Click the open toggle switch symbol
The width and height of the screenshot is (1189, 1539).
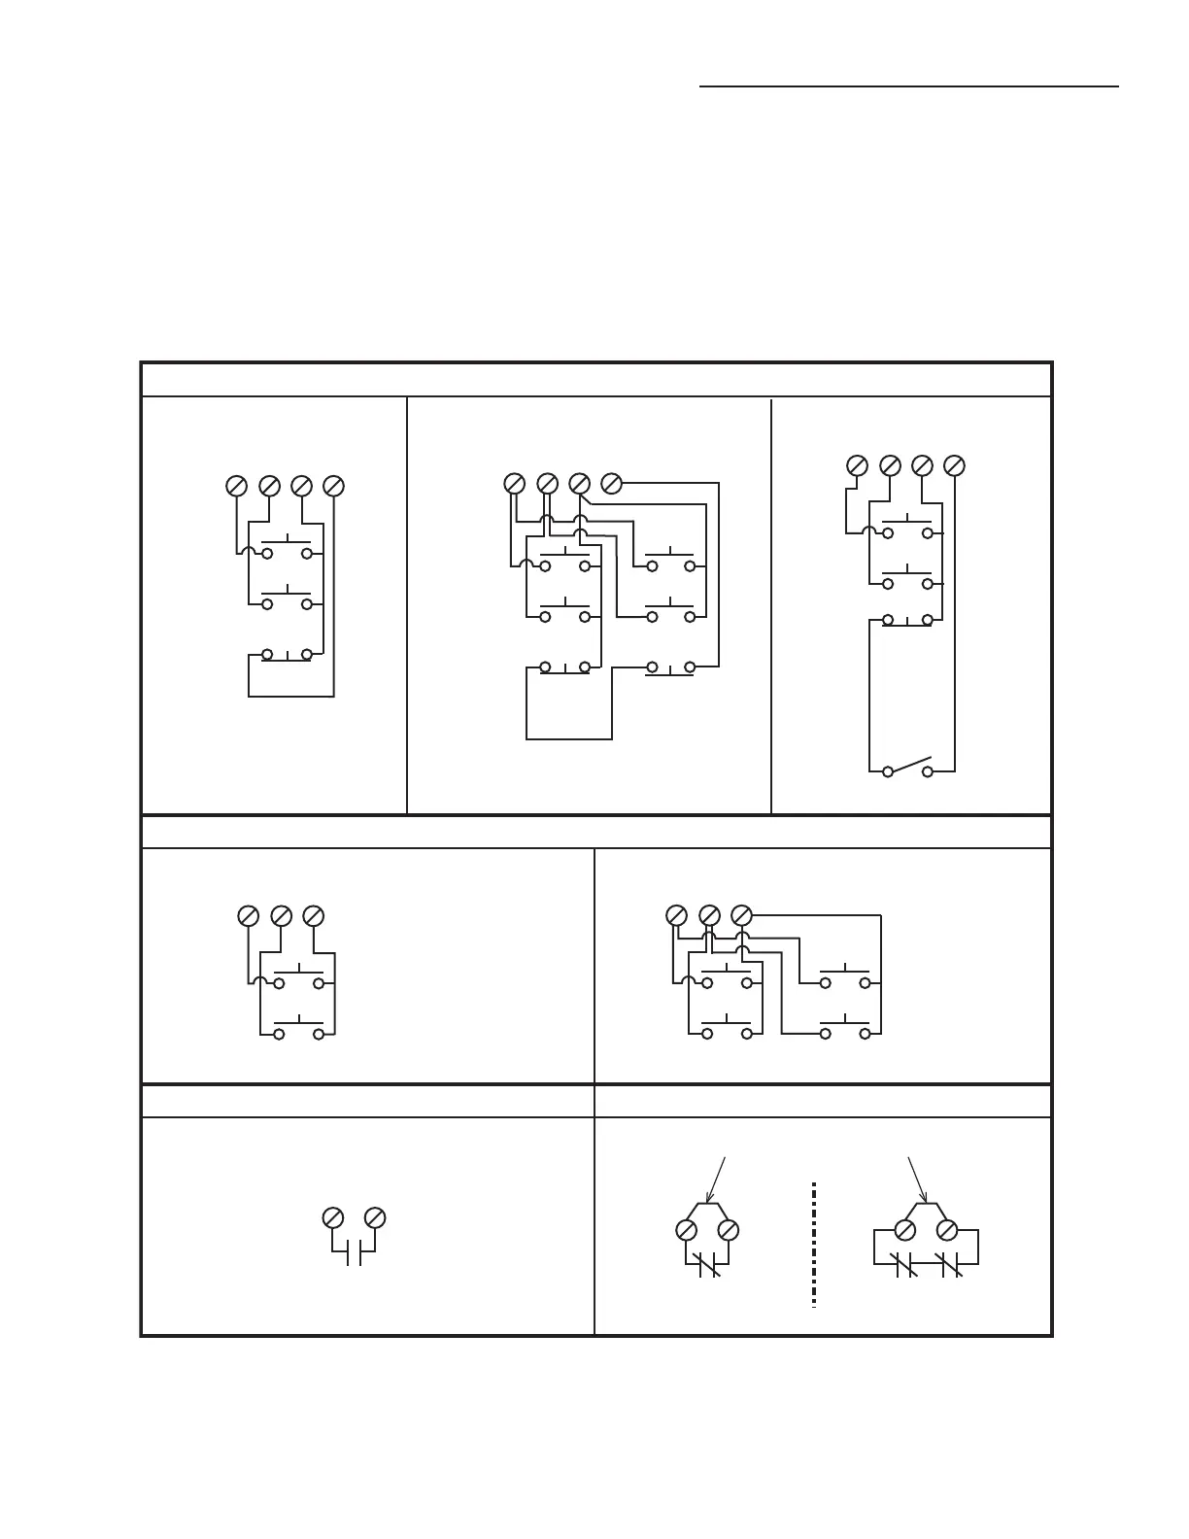point(907,768)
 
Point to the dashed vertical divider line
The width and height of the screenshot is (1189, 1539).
point(813,1245)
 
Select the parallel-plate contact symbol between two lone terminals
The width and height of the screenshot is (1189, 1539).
point(354,1253)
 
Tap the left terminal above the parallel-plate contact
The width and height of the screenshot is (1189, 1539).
point(332,1218)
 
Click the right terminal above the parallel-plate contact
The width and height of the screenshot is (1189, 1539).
point(375,1218)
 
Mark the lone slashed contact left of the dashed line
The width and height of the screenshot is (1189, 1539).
point(708,1265)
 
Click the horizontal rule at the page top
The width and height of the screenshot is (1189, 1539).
point(909,86)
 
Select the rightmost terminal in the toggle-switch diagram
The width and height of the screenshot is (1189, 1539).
point(955,465)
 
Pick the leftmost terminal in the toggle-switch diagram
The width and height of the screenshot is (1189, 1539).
point(858,465)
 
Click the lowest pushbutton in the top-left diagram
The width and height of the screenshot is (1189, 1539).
point(287,655)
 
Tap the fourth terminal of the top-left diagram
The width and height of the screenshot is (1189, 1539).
point(333,486)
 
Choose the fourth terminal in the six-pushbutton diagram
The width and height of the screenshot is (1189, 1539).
point(611,483)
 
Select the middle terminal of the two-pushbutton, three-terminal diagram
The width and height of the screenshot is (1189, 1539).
point(281,916)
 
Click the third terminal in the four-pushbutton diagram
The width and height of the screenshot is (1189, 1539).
point(741,915)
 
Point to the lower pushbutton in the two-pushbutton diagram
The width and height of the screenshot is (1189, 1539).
point(298,1029)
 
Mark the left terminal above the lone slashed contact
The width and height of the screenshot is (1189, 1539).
point(686,1230)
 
